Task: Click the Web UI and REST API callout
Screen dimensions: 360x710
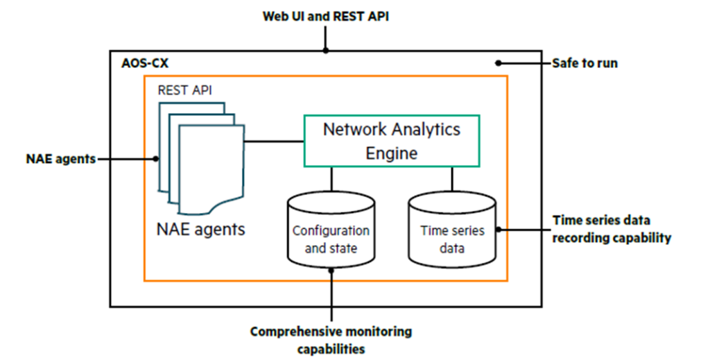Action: (325, 16)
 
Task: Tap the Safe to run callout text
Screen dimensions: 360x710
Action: (585, 63)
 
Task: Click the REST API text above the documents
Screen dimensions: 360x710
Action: (185, 89)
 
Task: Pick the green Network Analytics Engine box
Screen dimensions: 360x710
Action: (392, 141)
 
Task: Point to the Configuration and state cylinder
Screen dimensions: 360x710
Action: (331, 231)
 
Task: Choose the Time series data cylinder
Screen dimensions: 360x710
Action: (452, 231)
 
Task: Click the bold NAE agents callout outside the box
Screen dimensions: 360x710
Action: (60, 159)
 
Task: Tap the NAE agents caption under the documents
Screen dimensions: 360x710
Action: (201, 228)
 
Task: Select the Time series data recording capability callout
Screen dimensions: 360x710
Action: (612, 229)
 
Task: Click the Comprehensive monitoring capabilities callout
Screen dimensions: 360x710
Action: (331, 339)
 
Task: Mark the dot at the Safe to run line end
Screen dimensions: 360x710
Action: (498, 63)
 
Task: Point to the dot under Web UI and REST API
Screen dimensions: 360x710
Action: (325, 50)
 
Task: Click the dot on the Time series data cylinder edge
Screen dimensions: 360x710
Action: (496, 229)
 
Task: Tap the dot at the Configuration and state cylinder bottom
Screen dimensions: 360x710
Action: (331, 271)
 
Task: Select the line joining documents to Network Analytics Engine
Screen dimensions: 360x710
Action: (274, 142)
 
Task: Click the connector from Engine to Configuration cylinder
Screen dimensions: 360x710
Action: (331, 178)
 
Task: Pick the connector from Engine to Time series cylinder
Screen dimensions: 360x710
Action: (452, 178)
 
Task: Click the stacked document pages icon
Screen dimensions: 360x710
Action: (201, 156)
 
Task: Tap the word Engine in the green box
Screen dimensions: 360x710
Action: (392, 153)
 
